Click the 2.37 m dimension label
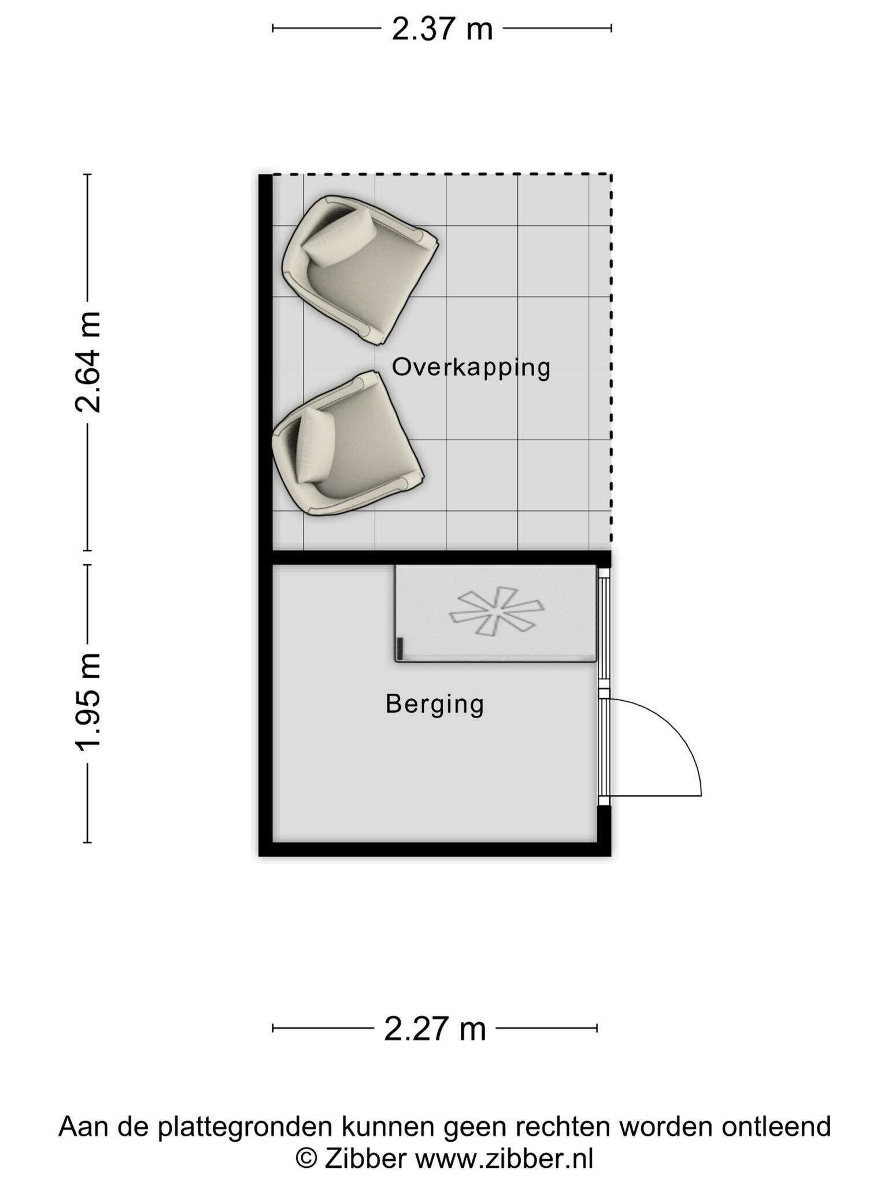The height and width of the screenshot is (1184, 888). (x=442, y=29)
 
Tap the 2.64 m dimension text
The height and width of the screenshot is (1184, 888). (x=88, y=362)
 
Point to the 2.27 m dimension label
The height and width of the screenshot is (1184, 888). (x=435, y=1029)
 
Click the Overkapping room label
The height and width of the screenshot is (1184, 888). (x=471, y=368)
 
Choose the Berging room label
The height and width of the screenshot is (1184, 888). (x=435, y=705)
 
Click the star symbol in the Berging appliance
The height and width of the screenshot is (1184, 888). (x=497, y=611)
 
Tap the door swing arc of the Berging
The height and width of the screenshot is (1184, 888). (x=674, y=728)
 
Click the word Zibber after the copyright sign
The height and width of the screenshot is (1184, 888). (x=365, y=1159)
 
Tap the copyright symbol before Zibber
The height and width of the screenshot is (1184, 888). (x=306, y=1159)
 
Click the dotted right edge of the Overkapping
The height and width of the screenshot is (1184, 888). (x=611, y=362)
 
